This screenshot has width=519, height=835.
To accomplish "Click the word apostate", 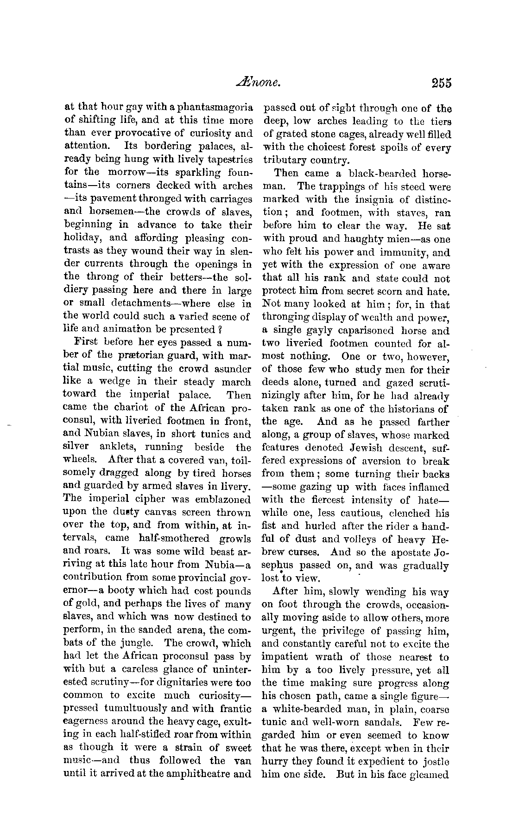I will pyautogui.click(x=410, y=552).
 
